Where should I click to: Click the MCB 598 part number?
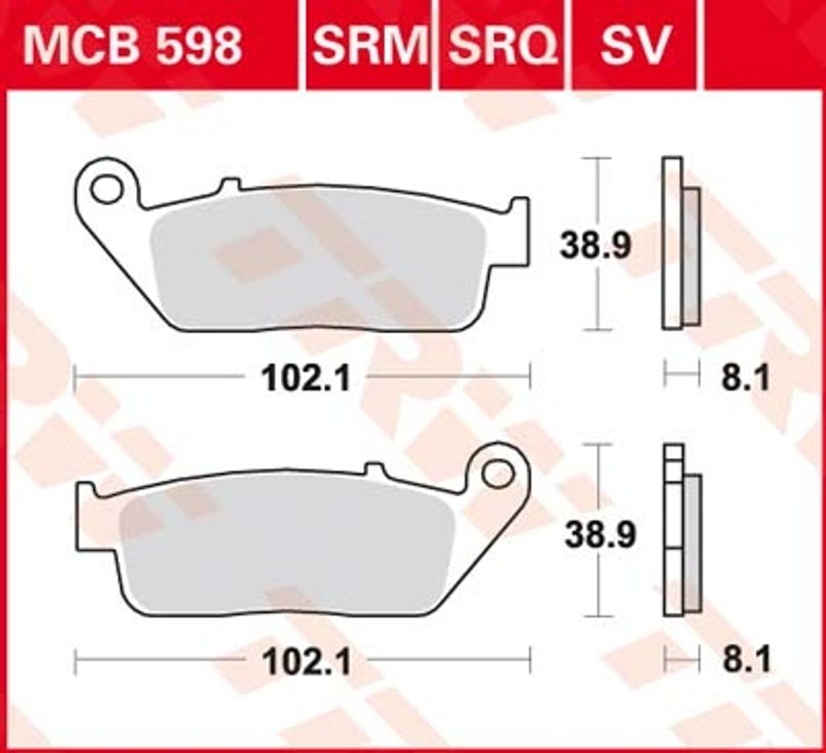point(132,44)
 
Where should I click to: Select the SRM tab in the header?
point(369,44)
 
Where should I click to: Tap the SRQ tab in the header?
point(502,44)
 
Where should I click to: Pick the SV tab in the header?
point(636,44)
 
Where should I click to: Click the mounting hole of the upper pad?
point(106,188)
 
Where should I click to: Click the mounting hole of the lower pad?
point(498,474)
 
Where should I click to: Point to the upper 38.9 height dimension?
point(594,245)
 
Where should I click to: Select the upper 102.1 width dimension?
point(306,377)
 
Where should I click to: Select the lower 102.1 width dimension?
point(307,661)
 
